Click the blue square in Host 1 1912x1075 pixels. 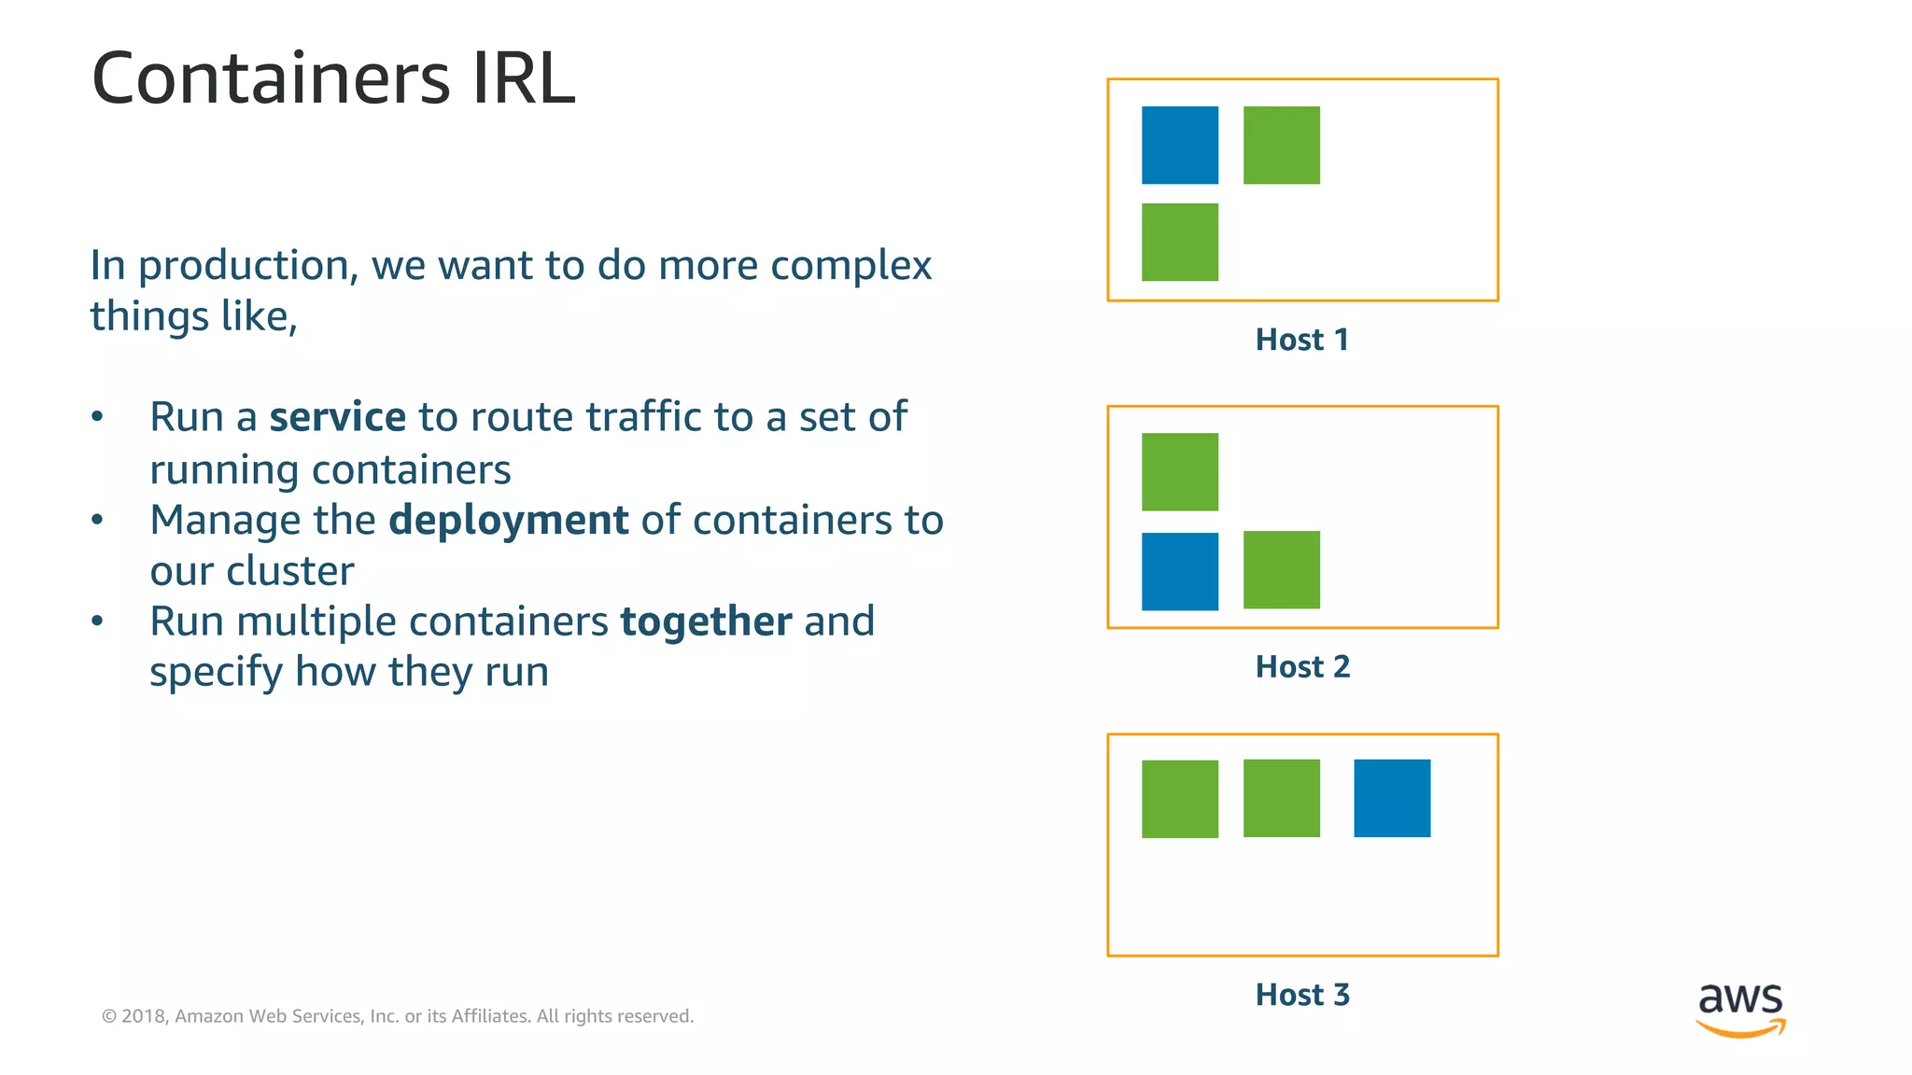click(1179, 145)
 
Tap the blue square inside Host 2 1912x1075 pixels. click(1179, 571)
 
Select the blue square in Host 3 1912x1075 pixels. click(1391, 798)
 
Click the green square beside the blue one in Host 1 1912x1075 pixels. click(1281, 145)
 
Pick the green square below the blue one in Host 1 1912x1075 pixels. click(1179, 242)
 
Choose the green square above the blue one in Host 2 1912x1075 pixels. click(1179, 471)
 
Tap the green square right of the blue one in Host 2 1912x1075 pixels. click(1281, 569)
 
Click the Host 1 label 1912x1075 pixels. click(1301, 340)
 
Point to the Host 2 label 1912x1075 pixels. click(1301, 667)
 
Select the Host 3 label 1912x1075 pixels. click(1301, 995)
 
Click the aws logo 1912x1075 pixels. click(1740, 1009)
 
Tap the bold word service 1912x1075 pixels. click(337, 417)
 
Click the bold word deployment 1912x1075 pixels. click(508, 521)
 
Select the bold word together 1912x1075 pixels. click(706, 621)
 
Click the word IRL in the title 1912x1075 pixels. click(523, 78)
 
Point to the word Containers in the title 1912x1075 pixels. click(271, 78)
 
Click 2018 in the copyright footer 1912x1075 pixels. click(144, 1016)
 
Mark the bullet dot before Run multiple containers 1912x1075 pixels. click(97, 621)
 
